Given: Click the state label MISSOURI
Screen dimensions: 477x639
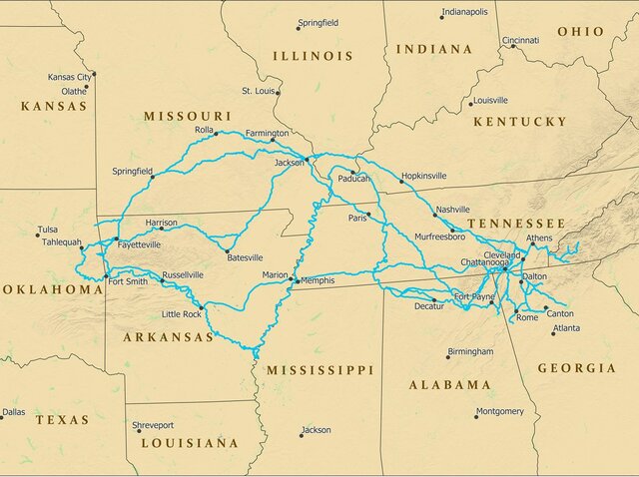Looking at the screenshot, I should tap(188, 116).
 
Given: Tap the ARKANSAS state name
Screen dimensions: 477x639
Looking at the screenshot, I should tap(168, 337).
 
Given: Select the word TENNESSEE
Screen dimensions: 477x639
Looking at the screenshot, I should tap(516, 223).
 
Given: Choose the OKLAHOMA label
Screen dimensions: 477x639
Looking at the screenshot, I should tap(52, 289).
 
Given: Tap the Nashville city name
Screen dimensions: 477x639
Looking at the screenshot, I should tap(452, 210).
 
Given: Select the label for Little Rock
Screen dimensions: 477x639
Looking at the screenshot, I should tap(182, 314).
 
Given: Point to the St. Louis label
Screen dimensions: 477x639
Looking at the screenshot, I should tap(259, 91).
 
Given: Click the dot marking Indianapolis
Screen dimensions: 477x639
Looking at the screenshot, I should tap(442, 17).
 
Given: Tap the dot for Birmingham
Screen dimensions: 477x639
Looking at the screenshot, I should tap(448, 357).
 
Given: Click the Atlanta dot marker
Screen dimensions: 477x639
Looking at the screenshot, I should tap(553, 332).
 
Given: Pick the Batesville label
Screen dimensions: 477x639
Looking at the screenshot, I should tap(246, 257).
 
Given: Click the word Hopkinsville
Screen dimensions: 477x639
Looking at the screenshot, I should tap(423, 177).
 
